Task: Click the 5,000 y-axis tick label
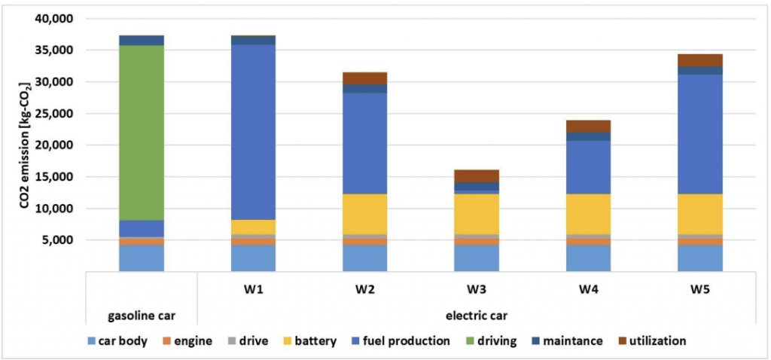point(65,240)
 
